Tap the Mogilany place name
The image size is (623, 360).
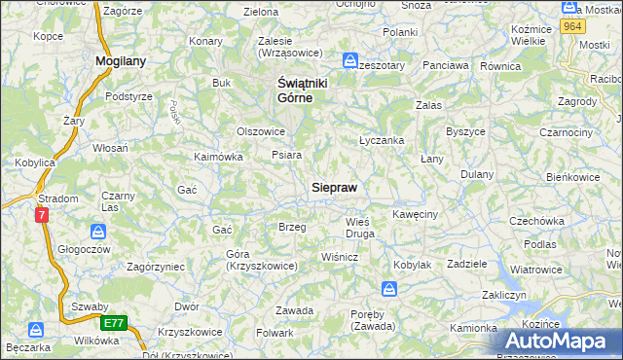click(x=121, y=60)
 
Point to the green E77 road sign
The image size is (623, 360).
click(x=114, y=321)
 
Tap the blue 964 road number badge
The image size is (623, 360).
click(x=572, y=27)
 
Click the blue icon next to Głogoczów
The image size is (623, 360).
click(x=98, y=231)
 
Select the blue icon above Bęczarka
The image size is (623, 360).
click(x=36, y=330)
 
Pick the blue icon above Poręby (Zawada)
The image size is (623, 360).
click(x=388, y=288)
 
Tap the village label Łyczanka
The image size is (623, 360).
click(x=382, y=140)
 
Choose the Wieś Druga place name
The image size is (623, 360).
click(x=360, y=228)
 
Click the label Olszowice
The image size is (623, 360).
click(x=261, y=131)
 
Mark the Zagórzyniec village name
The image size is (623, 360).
click(x=143, y=265)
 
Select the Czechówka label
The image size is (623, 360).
click(x=537, y=221)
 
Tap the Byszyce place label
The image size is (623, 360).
click(x=465, y=131)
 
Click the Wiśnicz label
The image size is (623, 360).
click(x=341, y=257)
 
